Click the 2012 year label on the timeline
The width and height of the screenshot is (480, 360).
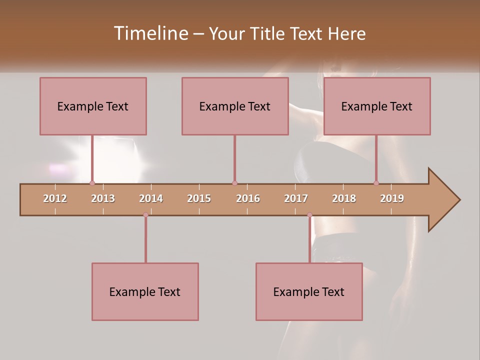point(55,198)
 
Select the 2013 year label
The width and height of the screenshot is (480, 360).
point(103,198)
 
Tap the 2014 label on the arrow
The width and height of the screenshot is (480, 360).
point(151,198)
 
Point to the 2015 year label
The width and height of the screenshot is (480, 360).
point(199,198)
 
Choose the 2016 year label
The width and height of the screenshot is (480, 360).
point(248,198)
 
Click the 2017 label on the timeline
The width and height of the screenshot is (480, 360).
point(296,198)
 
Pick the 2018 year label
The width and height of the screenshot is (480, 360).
point(344,198)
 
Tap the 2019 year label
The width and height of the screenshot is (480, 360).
point(392,198)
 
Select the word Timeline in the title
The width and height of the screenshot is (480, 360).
point(149,33)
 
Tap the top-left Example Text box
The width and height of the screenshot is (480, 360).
point(93,106)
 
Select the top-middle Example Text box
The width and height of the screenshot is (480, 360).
point(235,106)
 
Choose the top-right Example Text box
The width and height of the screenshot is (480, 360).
point(377,106)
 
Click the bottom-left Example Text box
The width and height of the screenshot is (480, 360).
point(145,292)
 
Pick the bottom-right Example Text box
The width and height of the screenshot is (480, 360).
point(309,292)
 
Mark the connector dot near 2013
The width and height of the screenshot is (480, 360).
point(92,183)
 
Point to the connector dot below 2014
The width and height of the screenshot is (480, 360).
point(145,215)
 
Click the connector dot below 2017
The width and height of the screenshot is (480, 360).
point(309,215)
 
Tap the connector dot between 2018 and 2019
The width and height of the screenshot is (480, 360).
point(376,183)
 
